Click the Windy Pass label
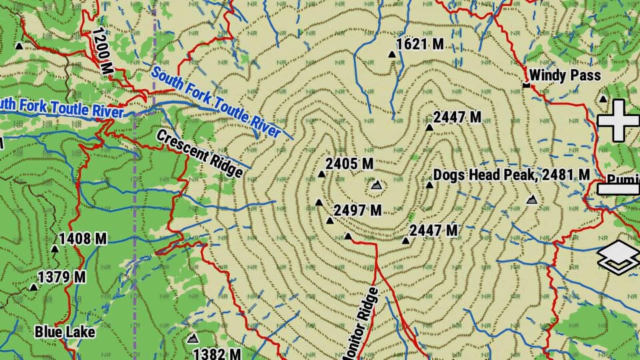(x=565, y=75)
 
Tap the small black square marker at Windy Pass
(x=526, y=85)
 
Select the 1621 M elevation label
(x=420, y=45)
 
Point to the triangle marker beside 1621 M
(x=392, y=55)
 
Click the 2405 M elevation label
(x=349, y=163)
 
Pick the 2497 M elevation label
(x=358, y=211)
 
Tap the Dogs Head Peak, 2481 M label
(x=511, y=175)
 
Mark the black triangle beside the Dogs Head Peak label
(x=429, y=185)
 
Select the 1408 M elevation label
(x=83, y=238)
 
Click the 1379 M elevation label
(x=61, y=276)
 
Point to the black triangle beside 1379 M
(x=33, y=287)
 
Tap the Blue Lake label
(x=65, y=331)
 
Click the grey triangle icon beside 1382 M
(x=193, y=339)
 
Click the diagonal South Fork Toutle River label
(x=216, y=103)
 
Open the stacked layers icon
(x=617, y=258)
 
